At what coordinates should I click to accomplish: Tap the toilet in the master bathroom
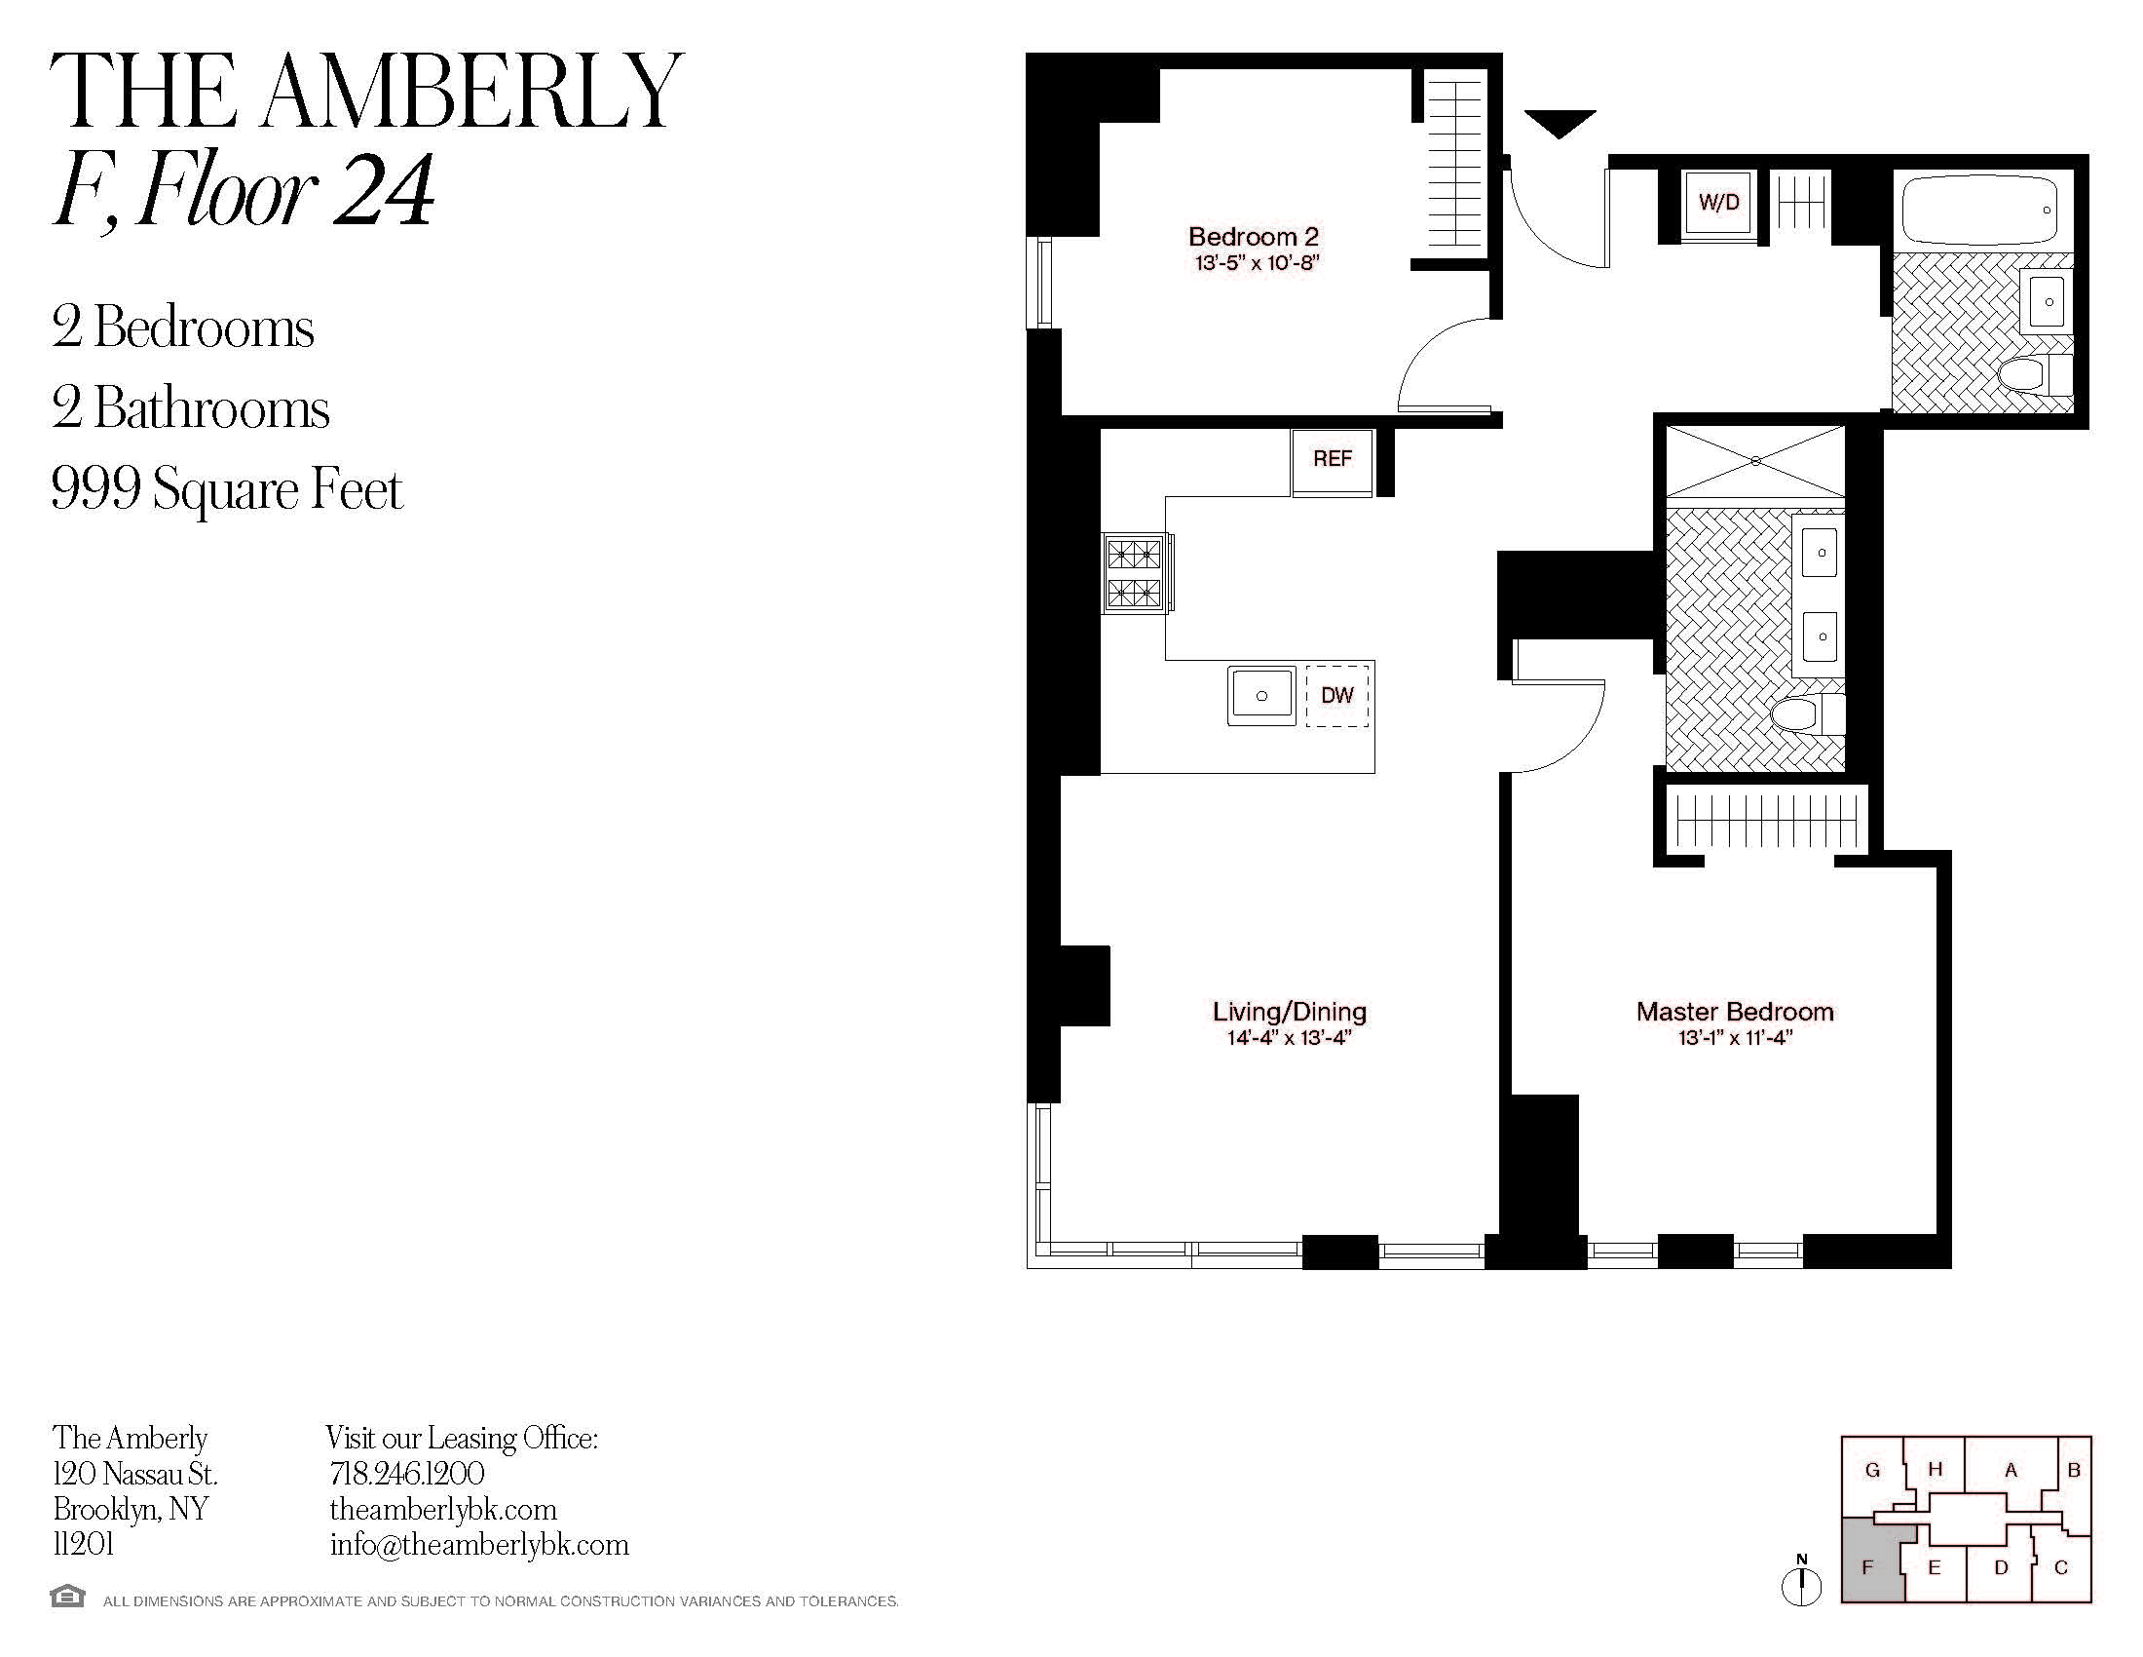pos(1809,715)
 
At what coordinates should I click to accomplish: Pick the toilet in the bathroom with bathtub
pos(2036,374)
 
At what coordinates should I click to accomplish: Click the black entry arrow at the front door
pos(1560,124)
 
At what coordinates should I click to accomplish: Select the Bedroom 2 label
pos(1253,237)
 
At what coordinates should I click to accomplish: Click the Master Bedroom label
pos(1735,1012)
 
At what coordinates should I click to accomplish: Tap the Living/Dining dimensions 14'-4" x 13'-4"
pos(1290,1039)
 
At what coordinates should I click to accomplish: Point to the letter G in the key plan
pos(1872,1471)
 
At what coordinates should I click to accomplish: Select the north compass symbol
pos(1801,1581)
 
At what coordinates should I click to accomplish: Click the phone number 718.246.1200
pos(406,1475)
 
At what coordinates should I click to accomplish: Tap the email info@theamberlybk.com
pos(479,1545)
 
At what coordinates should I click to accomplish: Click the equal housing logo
pos(68,1596)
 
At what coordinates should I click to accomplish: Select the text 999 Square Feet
pos(227,489)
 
